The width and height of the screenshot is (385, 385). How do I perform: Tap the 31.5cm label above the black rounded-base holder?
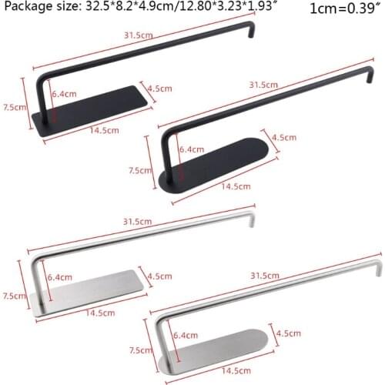tap(263, 84)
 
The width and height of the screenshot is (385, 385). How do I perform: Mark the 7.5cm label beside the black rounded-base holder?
tap(139, 170)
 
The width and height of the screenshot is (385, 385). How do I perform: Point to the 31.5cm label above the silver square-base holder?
tap(137, 222)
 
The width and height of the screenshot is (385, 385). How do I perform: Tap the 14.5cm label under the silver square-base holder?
tap(101, 313)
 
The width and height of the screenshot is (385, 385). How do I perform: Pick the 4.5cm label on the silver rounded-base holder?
tap(286, 333)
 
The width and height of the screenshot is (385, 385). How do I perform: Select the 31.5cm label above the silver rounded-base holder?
tap(264, 276)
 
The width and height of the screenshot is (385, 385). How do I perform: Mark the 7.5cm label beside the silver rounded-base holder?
tap(137, 351)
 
